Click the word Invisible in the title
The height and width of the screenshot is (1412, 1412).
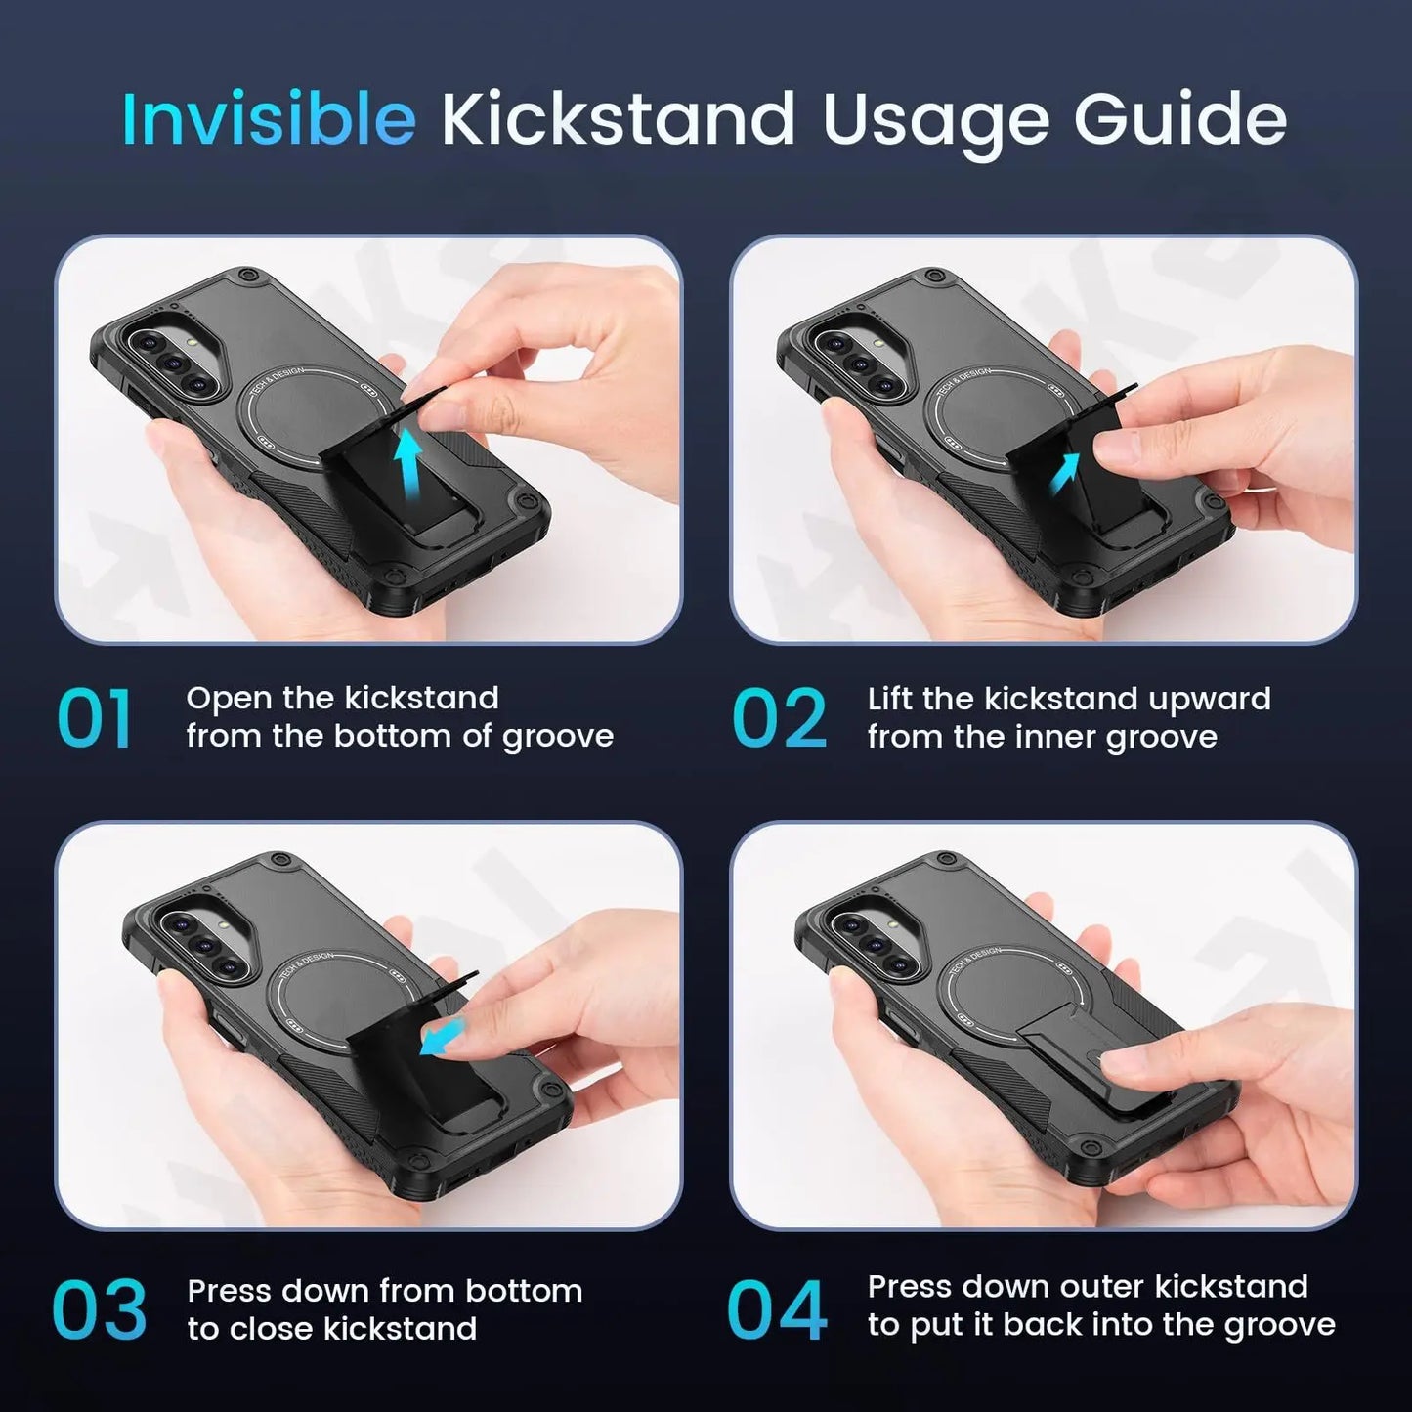pos(269,119)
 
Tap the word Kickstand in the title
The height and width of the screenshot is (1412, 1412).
pos(618,119)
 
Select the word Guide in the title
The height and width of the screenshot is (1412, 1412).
pos(1179,119)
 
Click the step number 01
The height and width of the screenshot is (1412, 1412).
pos(95,719)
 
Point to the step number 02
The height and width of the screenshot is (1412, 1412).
pos(779,719)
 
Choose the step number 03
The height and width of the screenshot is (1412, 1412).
pos(99,1310)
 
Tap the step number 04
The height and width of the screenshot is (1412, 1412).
pos(777,1310)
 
